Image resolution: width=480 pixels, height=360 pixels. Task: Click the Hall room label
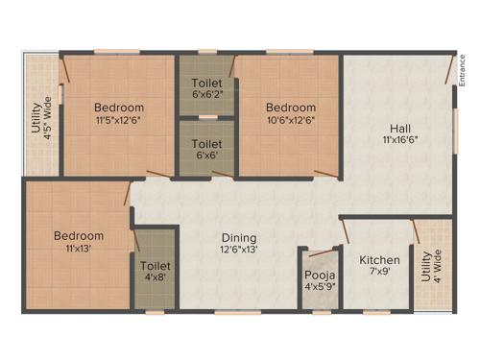pos(401,128)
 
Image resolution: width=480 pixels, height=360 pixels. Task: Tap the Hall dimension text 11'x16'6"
pos(401,140)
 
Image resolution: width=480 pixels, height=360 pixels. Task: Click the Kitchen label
pos(379,260)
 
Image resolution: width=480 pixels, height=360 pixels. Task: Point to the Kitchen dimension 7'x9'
pos(379,273)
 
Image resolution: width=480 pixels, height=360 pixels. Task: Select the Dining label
pos(240,237)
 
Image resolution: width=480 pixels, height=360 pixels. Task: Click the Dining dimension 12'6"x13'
pos(240,250)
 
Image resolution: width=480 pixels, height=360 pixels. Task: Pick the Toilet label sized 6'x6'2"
pos(207,84)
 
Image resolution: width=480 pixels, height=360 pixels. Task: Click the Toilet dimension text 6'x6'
pos(207,155)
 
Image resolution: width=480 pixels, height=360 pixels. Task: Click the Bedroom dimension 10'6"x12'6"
pos(291,120)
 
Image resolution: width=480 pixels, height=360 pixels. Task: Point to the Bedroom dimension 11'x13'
pos(79,249)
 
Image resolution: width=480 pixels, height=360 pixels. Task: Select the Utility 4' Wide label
pos(432,273)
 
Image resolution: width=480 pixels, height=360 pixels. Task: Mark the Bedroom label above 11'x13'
pos(79,236)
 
